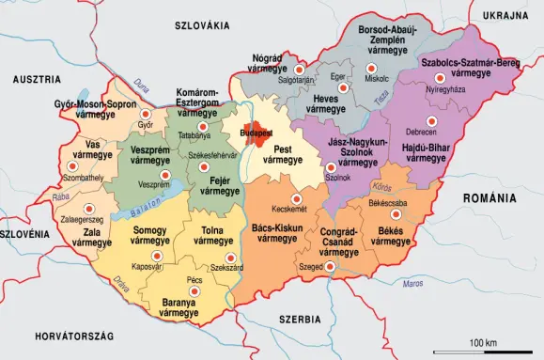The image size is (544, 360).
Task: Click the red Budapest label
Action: pyautogui.click(x=256, y=133)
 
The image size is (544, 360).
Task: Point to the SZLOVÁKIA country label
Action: pyautogui.click(x=203, y=25)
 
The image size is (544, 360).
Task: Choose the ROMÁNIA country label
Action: pyautogui.click(x=490, y=199)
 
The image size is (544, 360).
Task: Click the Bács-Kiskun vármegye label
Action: pyautogui.click(x=276, y=233)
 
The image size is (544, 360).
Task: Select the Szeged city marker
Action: pyautogui.click(x=331, y=267)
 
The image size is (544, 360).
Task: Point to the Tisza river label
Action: pyautogui.click(x=381, y=97)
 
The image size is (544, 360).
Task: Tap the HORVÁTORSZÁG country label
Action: pyautogui.click(x=74, y=336)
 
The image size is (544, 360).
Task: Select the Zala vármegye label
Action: pyautogui.click(x=92, y=237)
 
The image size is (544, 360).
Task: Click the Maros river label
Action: pyautogui.click(x=412, y=283)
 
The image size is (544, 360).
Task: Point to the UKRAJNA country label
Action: pyautogui.click(x=506, y=17)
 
